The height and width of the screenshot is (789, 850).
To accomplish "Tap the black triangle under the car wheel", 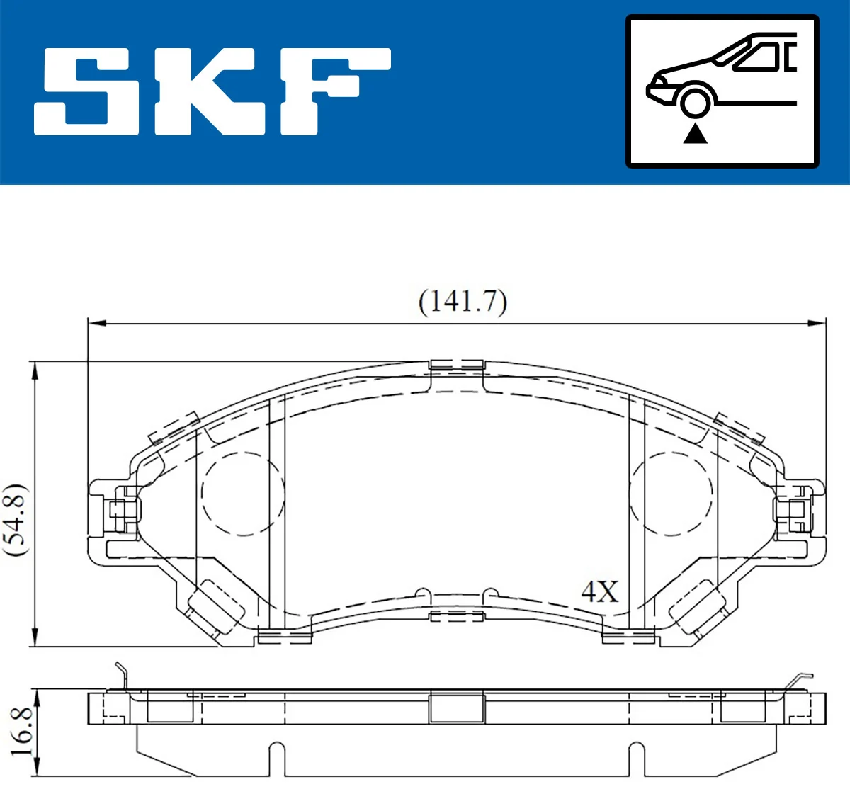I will click(695, 133).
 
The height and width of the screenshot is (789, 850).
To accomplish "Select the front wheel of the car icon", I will click(695, 101).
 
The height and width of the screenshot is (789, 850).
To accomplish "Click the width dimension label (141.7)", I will click(463, 302).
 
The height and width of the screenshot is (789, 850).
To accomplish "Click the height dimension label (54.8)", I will click(16, 520).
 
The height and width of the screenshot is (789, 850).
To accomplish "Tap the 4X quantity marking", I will click(599, 591).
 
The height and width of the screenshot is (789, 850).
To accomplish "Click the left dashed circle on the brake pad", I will click(242, 493).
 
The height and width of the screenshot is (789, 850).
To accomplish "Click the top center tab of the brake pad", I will click(457, 365).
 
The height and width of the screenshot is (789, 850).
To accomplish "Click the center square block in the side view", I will click(457, 708).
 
